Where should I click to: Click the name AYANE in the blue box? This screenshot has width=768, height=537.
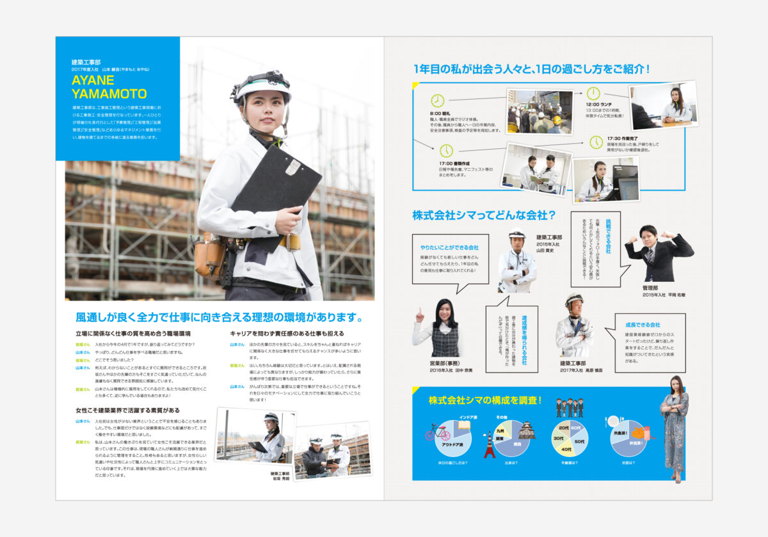pyautogui.click(x=93, y=81)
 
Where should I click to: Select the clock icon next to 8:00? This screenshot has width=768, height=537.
pyautogui.click(x=437, y=100)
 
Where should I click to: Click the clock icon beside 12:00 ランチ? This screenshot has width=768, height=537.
pyautogui.click(x=593, y=93)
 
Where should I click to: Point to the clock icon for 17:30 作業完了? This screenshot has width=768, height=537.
pyautogui.click(x=596, y=142)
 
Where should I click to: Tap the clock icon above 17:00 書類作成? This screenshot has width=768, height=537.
pyautogui.click(x=446, y=151)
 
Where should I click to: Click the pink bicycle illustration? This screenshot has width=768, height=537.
pyautogui.click(x=438, y=433)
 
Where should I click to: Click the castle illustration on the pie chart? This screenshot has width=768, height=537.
pyautogui.click(x=527, y=429)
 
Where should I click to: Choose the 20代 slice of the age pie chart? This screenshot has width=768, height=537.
pyautogui.click(x=564, y=428)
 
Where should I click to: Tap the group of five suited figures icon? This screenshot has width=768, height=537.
pyautogui.click(x=569, y=407)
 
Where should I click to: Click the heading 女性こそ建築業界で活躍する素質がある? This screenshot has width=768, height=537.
pyautogui.click(x=127, y=410)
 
